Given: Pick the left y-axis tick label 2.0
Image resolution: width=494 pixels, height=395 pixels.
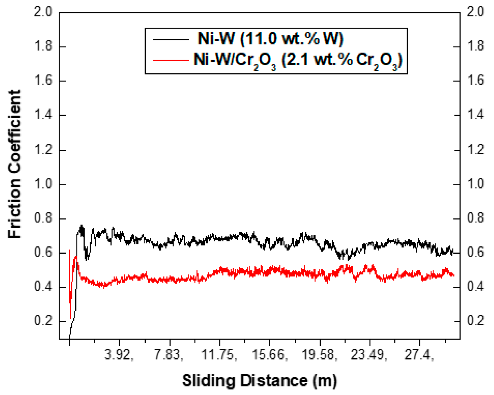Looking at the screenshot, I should (43, 12).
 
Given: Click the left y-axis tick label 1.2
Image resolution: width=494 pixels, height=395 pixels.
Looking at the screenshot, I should (43, 150).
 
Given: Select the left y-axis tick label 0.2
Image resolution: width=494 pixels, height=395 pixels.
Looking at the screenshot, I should (43, 321).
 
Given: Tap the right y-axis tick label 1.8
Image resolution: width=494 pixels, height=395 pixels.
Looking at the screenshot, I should (475, 46).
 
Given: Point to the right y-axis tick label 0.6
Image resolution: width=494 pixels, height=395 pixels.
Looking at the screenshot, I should (475, 252).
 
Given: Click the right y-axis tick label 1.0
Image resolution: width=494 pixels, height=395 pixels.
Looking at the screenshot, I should (475, 184).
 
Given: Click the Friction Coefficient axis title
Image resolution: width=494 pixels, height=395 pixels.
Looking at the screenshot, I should (15, 164).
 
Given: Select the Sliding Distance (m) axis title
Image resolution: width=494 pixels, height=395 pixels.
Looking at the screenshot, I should (259, 381).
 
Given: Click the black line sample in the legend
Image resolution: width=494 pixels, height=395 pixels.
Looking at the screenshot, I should (171, 40).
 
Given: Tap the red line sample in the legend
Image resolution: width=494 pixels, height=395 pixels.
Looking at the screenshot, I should (171, 61).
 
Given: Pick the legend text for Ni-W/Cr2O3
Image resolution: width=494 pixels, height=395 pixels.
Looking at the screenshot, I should (298, 61).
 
